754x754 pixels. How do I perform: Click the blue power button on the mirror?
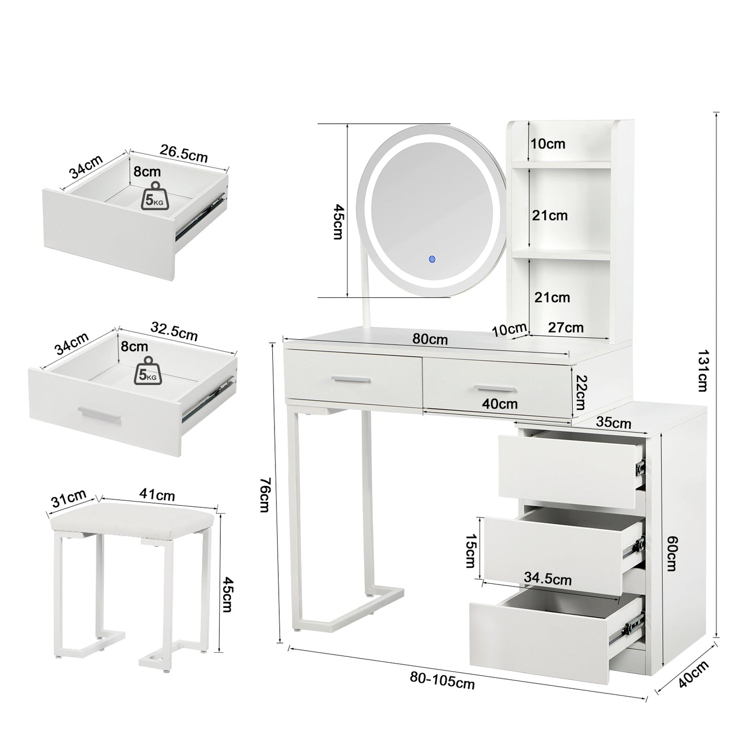point(432,259)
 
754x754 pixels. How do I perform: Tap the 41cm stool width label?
point(157,495)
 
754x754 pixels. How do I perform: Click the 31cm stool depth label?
point(69,498)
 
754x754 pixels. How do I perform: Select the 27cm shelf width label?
point(566,327)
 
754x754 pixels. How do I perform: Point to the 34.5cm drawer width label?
point(548,578)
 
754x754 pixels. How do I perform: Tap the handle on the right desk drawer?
point(495,388)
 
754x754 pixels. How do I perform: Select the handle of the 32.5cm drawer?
point(100,414)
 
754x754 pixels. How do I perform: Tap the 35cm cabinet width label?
point(613,423)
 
